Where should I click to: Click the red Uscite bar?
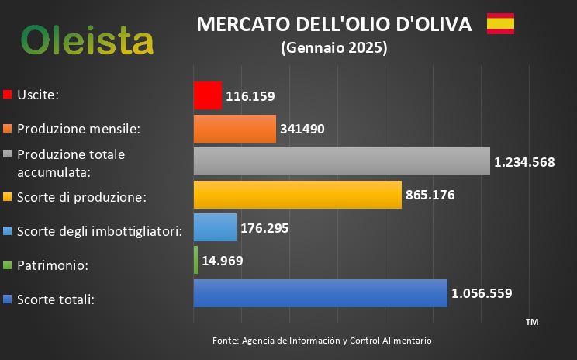[x=207, y=95]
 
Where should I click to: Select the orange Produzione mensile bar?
[x=234, y=129]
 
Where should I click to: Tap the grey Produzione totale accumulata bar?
[x=341, y=161]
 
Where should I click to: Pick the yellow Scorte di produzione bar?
[x=297, y=195]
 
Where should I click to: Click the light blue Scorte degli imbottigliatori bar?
[x=215, y=227]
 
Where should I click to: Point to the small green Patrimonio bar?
[x=195, y=261]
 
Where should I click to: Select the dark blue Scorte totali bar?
[x=320, y=293]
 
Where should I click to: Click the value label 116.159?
[x=250, y=96]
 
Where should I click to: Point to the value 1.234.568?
[x=524, y=162]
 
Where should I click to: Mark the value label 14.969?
[x=223, y=261]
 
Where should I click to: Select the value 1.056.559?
[x=482, y=293]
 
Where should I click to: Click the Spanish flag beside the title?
[x=500, y=24]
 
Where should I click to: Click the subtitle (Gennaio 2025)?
[x=333, y=48]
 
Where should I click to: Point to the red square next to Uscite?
[x=8, y=95]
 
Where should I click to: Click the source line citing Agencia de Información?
[x=322, y=341]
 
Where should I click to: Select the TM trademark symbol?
[x=531, y=321]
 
